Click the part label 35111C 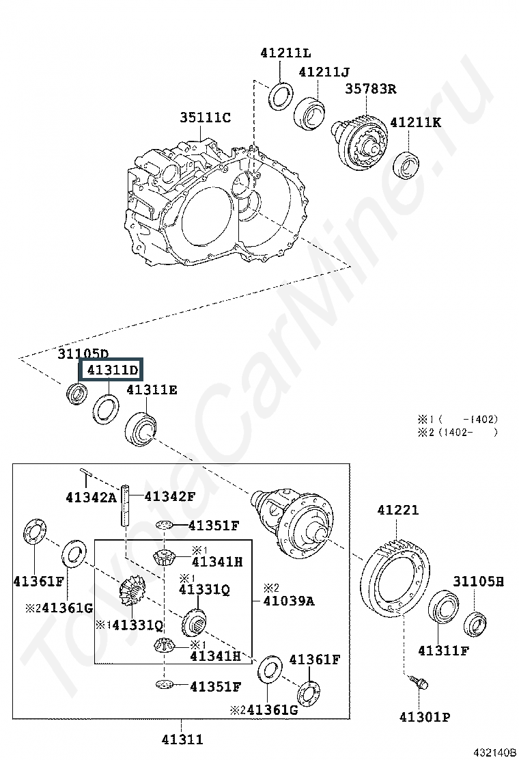[205, 118]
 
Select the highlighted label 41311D [112, 371]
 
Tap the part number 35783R [370, 89]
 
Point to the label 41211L [285, 53]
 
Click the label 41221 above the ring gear [397, 511]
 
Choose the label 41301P [424, 717]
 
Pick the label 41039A [289, 601]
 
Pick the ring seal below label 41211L [280, 96]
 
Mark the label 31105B [479, 582]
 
